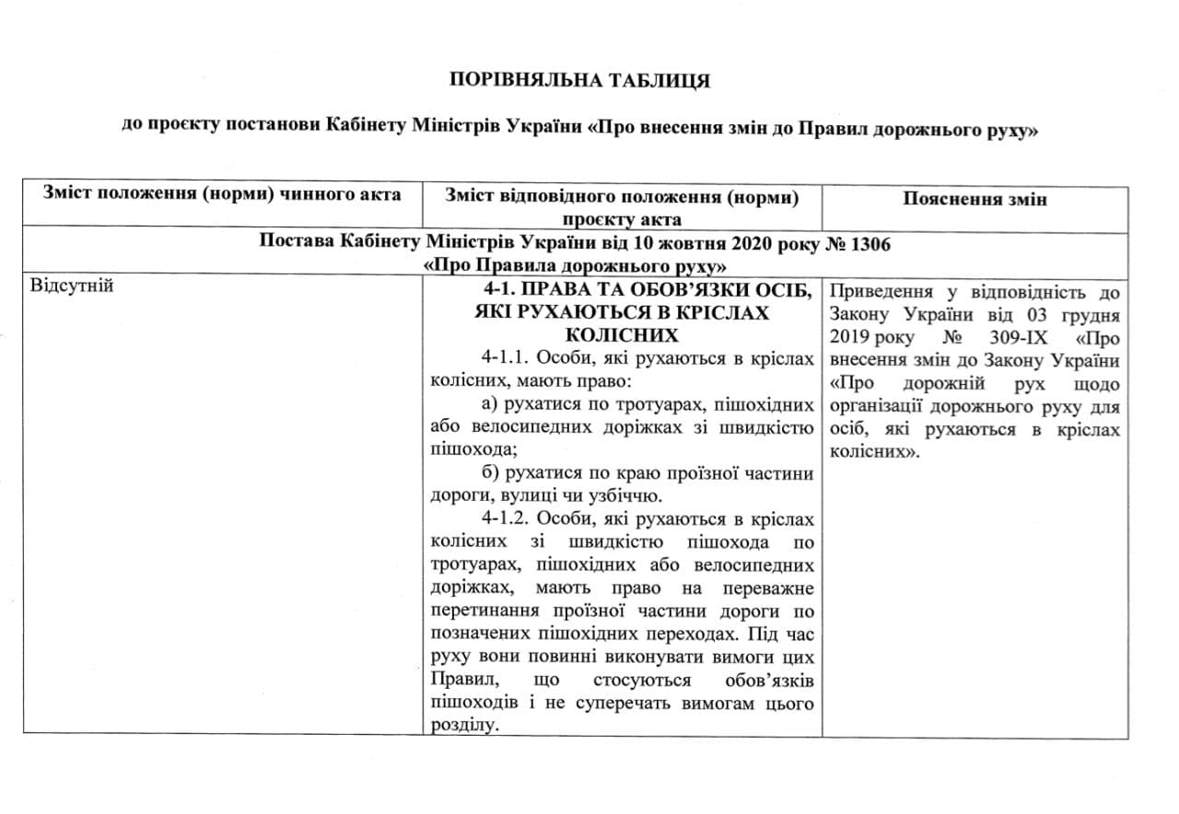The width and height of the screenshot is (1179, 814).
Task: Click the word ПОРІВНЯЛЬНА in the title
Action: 522,80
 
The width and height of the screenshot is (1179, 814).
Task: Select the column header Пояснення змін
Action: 975,199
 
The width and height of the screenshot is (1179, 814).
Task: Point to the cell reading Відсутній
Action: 72,285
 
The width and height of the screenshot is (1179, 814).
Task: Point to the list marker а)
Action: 490,404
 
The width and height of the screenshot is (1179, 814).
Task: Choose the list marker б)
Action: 490,473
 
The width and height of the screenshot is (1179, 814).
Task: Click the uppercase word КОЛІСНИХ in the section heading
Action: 621,335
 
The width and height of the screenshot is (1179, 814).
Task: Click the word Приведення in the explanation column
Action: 884,293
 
